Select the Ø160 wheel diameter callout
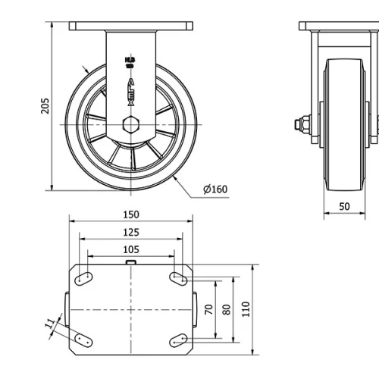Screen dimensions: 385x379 click(x=215, y=189)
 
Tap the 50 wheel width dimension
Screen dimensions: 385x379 click(x=344, y=206)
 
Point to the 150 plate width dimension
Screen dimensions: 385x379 click(x=130, y=214)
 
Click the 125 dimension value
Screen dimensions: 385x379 click(x=130, y=232)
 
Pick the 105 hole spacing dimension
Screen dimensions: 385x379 click(x=130, y=249)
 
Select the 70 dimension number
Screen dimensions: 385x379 click(x=208, y=309)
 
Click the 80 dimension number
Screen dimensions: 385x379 click(x=225, y=309)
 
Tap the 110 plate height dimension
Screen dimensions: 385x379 click(x=246, y=309)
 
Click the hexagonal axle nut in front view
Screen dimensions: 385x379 click(x=130, y=124)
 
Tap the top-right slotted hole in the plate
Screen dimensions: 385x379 click(x=179, y=278)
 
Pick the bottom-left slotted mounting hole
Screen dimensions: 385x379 click(x=83, y=339)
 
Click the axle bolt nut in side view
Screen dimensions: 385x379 click(x=301, y=124)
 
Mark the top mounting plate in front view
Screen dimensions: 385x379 click(x=130, y=27)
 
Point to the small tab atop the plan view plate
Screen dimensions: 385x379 click(x=130, y=263)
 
